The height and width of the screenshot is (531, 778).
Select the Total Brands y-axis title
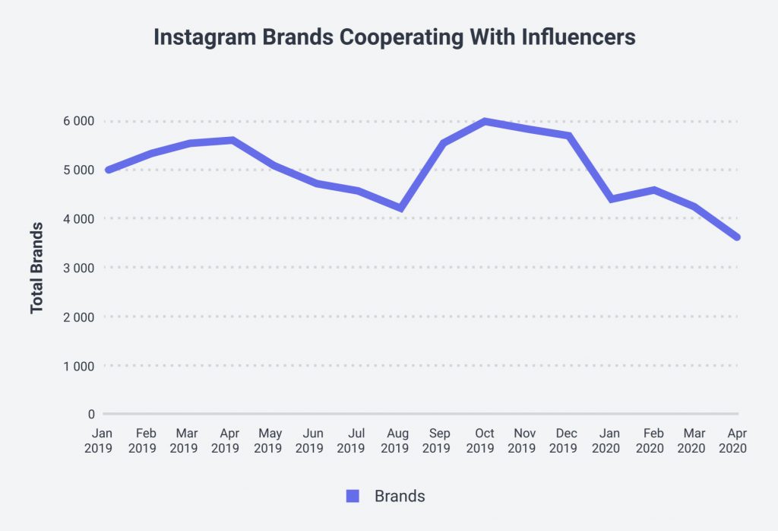coord(36,267)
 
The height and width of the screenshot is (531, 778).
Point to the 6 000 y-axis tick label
coord(78,121)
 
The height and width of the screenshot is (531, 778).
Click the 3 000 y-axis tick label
coord(78,268)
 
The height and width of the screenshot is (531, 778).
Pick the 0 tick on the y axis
coord(91,415)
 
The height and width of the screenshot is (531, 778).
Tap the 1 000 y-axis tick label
coord(78,366)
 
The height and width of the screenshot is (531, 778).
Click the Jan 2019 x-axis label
coord(99,440)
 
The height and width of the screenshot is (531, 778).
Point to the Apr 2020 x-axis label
coord(734,440)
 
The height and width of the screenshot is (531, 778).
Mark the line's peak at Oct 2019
coord(484,121)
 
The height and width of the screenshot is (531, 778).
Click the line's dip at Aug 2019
coord(400,208)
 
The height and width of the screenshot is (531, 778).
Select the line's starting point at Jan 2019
coord(109,170)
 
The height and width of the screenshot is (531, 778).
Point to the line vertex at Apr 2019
coord(232,140)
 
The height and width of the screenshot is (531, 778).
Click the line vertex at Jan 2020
coord(612,199)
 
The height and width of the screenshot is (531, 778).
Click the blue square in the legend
coord(353,496)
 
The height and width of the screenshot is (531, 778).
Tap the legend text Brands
coord(400,496)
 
